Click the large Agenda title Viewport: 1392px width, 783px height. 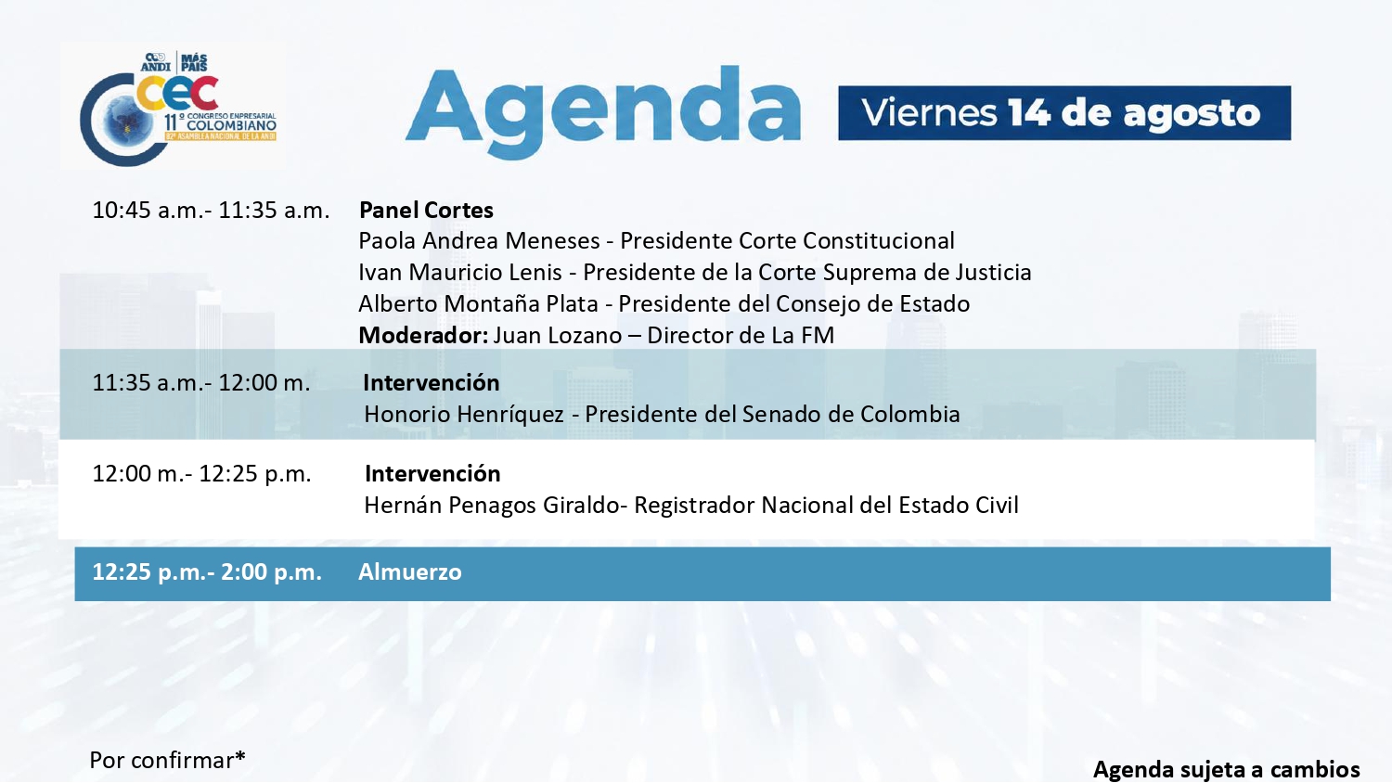(603, 112)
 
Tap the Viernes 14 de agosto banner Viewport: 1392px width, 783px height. (1064, 113)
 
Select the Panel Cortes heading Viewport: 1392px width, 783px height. (426, 210)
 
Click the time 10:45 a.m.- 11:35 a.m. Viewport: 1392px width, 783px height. (211, 210)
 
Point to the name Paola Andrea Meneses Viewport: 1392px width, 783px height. (479, 241)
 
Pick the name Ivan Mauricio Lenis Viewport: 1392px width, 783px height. (460, 272)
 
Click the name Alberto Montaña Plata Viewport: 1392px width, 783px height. (479, 304)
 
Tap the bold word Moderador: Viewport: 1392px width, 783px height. (424, 336)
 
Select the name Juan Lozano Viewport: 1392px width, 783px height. (558, 336)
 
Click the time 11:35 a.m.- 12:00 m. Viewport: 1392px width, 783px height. (201, 383)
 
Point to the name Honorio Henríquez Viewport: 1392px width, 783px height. (464, 415)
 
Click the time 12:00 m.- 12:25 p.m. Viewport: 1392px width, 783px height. (201, 473)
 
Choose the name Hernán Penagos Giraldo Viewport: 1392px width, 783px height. (492, 506)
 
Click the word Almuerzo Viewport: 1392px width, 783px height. (410, 571)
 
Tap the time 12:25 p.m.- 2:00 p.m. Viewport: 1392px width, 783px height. (207, 571)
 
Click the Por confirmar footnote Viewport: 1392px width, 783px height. (168, 760)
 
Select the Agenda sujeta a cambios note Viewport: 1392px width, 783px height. (1227, 769)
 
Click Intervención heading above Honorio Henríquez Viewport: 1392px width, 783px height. (432, 383)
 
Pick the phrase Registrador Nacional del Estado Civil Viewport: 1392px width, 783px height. (827, 506)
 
